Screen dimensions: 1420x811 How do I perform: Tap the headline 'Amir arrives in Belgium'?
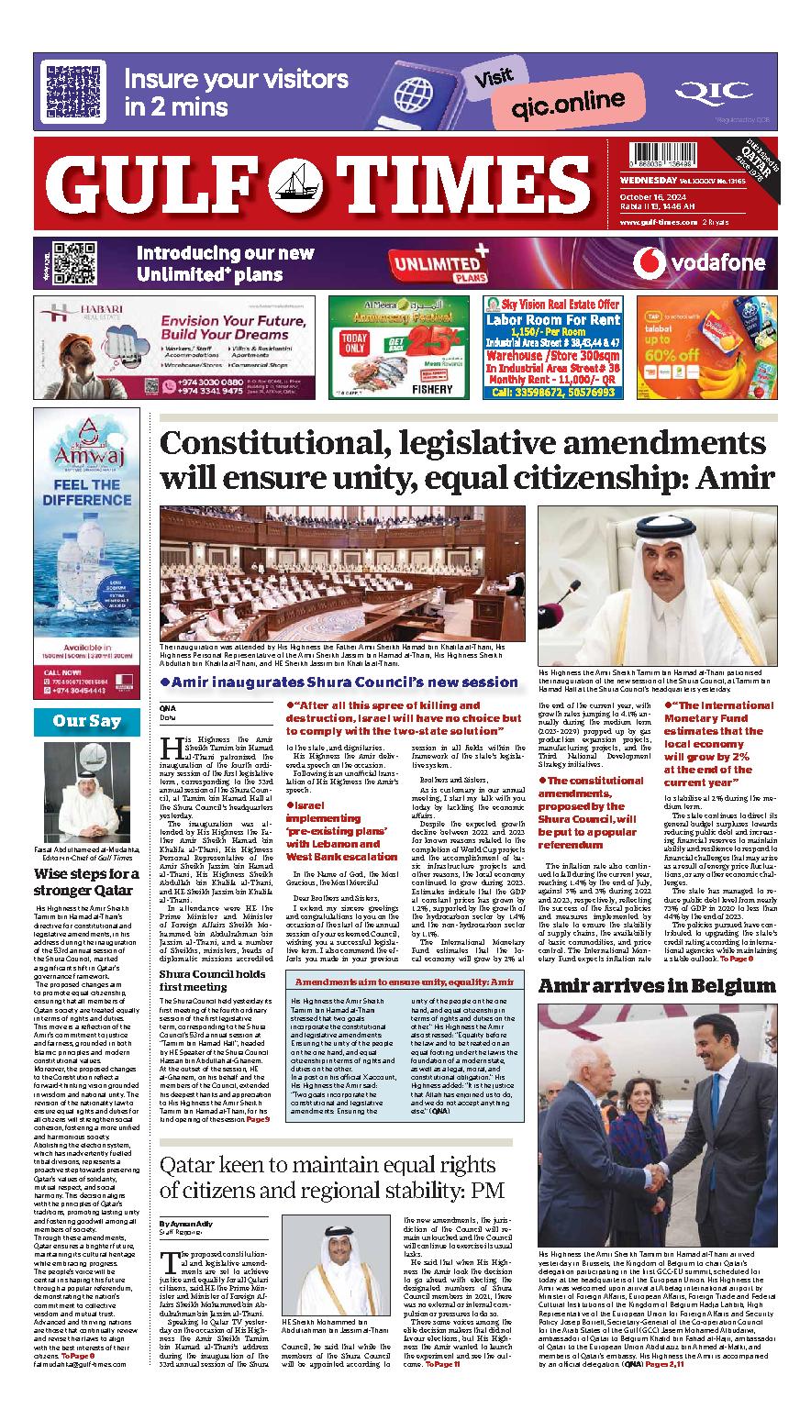(657, 986)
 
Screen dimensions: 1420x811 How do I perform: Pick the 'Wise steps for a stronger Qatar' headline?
(86, 881)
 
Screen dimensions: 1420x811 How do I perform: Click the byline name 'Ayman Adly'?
(193, 1225)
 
